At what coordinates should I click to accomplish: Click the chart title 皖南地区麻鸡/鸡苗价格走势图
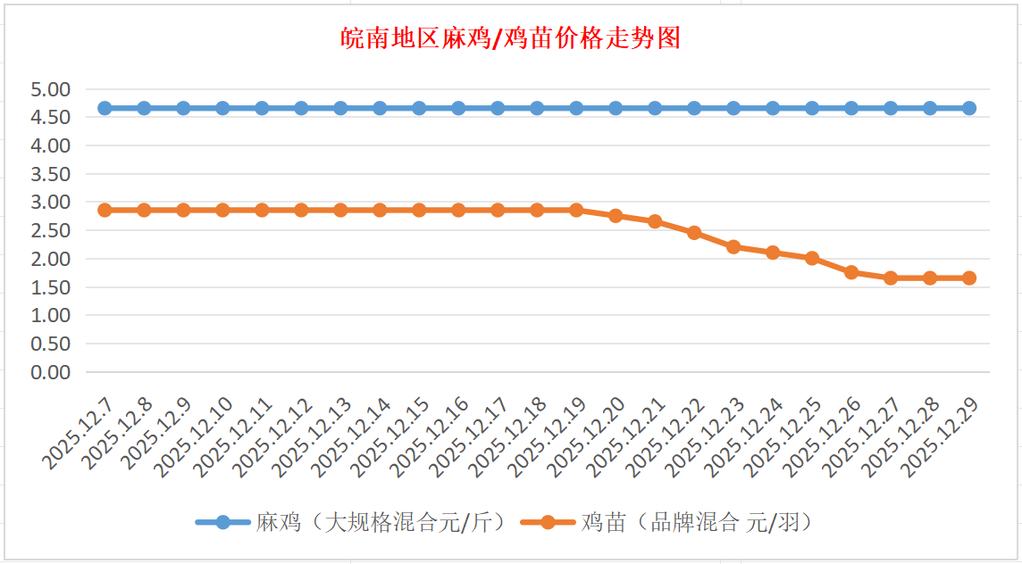511,38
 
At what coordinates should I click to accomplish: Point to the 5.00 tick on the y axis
50,89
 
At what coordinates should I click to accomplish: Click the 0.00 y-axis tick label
50,372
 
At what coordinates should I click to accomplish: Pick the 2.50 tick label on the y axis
50,230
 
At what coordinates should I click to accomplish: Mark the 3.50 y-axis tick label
50,174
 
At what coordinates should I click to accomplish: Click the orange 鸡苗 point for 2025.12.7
105,211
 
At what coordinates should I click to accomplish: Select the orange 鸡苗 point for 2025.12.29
969,278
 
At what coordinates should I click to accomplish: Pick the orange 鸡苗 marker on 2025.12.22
694,233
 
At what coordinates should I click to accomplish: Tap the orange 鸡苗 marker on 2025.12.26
851,272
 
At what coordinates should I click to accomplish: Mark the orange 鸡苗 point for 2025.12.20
616,216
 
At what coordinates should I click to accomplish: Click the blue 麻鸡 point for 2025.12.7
105,108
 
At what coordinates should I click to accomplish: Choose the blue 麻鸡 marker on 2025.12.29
969,108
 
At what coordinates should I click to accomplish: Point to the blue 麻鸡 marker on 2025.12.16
458,108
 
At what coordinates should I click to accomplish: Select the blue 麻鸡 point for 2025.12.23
733,108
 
